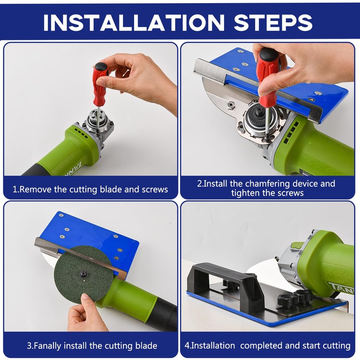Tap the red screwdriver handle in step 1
[99, 84]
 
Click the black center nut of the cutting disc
[83, 274]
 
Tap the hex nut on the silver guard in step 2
[230, 105]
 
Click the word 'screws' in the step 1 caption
[155, 189]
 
